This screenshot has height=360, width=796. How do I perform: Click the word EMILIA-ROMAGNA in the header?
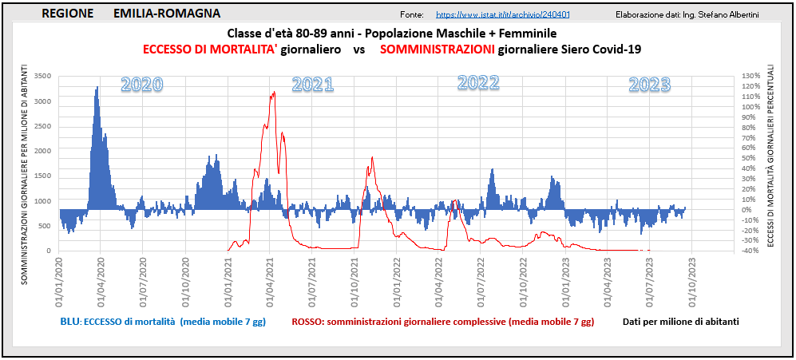[167, 14]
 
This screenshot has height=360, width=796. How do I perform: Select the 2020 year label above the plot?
[142, 85]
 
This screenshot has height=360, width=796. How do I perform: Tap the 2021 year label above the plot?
[313, 85]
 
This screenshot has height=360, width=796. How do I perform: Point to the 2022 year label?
[479, 82]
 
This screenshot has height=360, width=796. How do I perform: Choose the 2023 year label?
[649, 85]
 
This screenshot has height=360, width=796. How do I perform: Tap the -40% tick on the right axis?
[750, 251]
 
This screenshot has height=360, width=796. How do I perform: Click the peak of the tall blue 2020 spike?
[97, 87]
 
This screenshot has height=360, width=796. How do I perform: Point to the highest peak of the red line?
[274, 93]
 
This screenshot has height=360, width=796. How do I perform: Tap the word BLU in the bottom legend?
[70, 322]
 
